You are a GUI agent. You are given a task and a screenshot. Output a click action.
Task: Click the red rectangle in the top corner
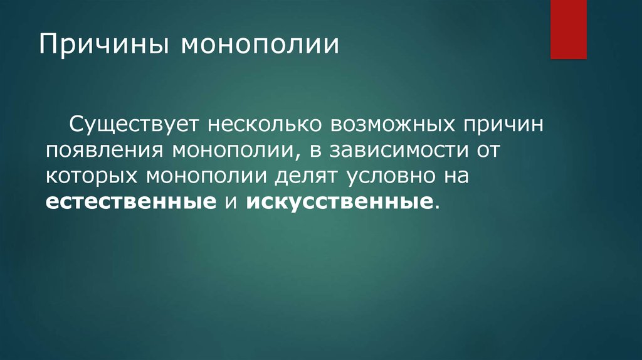(x=568, y=29)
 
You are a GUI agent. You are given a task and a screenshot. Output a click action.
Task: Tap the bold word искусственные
(x=339, y=202)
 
